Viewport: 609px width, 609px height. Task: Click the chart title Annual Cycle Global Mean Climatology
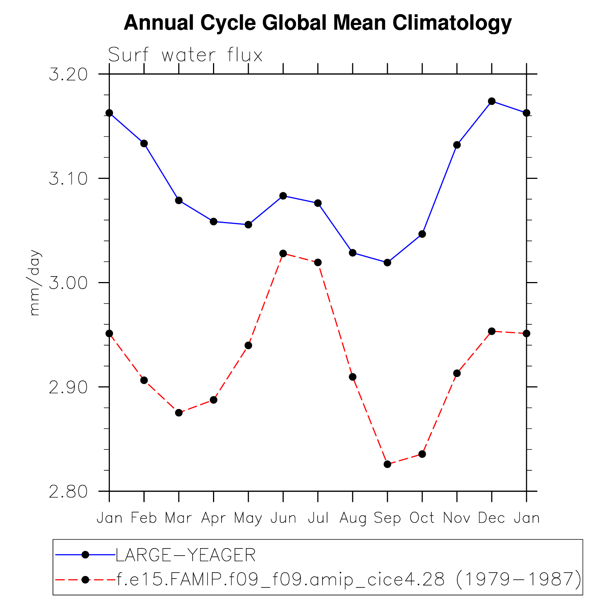point(318,23)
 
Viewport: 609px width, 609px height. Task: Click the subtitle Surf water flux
point(185,55)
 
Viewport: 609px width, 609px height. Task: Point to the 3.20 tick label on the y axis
point(68,75)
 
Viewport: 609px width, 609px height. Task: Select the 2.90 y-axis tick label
point(68,387)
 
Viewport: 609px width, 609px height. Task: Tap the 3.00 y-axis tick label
point(68,283)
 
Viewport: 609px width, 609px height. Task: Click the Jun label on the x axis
point(283,518)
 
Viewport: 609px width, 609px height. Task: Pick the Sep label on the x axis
point(387,518)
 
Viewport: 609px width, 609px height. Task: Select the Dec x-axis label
point(491,518)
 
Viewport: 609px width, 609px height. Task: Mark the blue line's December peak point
point(492,101)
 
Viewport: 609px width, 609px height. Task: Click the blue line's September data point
point(387,262)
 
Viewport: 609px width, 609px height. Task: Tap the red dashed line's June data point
point(283,253)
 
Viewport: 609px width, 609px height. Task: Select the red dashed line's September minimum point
point(387,464)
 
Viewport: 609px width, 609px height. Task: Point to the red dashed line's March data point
point(179,413)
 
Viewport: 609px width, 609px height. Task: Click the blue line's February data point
point(144,144)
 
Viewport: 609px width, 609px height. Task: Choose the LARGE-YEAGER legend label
point(186,555)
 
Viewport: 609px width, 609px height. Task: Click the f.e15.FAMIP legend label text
point(348,579)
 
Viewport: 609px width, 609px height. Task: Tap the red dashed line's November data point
point(457,373)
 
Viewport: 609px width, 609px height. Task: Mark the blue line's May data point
point(248,225)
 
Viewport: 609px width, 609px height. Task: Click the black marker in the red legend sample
point(85,579)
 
